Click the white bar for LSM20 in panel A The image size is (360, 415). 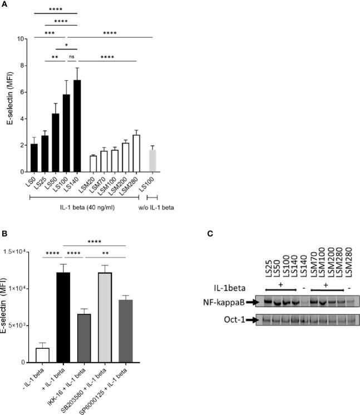pyautogui.click(x=93, y=164)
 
